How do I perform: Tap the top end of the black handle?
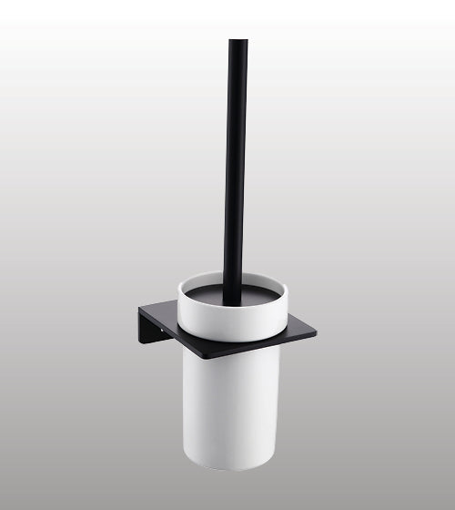[x=238, y=43]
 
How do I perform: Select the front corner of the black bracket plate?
[x=206, y=356]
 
